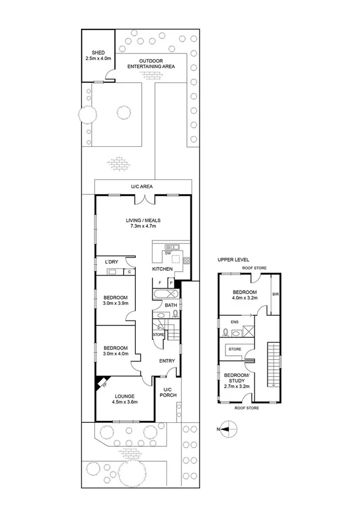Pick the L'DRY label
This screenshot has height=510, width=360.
click(112, 262)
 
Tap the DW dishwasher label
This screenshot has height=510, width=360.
click(168, 253)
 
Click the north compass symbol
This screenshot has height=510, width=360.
click(228, 429)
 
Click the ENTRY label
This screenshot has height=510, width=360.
click(166, 361)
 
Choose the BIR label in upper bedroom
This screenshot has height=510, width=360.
click(276, 295)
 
